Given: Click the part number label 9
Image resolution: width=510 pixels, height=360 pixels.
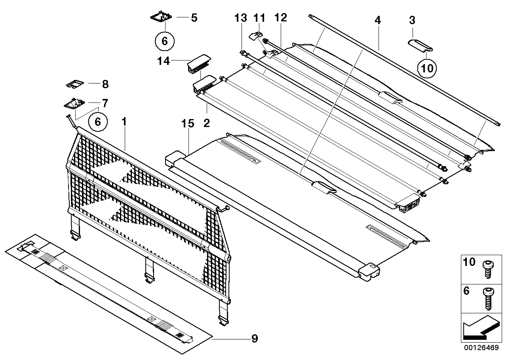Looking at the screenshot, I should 255,339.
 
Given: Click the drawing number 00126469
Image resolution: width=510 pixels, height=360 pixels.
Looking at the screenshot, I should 481,349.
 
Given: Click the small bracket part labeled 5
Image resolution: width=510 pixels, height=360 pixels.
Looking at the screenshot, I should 161,17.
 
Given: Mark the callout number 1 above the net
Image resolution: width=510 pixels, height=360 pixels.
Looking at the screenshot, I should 124,122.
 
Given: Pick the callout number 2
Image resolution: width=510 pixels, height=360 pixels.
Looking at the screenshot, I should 206,123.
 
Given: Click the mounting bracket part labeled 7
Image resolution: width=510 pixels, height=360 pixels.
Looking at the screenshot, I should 74,104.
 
